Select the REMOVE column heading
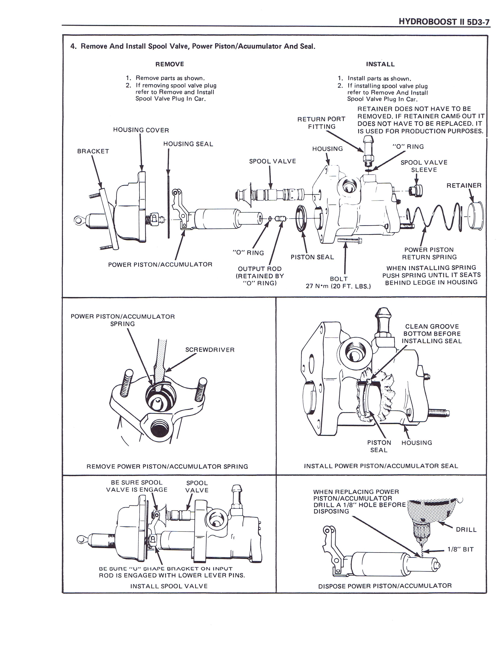point(170,64)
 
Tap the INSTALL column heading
point(380,64)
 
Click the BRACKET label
point(93,151)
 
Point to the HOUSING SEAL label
point(188,144)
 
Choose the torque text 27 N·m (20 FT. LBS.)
point(338,286)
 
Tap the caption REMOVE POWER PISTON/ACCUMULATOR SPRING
point(167,466)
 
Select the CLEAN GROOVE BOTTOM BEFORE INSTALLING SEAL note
point(432,334)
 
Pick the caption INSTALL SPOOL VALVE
point(169,586)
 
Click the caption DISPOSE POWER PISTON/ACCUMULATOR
point(385,586)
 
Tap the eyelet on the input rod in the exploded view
point(79,221)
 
